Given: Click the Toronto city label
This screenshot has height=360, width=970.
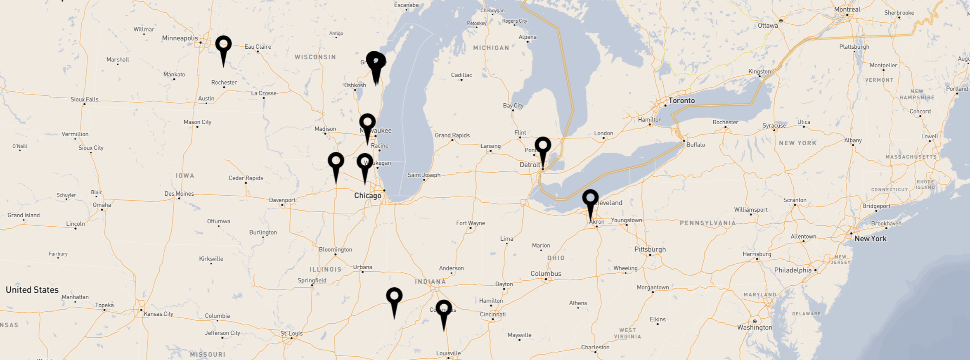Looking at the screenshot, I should (681, 100).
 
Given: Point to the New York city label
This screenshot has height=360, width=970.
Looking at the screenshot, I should (870, 239).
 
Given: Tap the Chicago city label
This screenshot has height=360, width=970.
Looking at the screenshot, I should (367, 196).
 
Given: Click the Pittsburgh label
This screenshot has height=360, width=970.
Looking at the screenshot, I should (650, 249).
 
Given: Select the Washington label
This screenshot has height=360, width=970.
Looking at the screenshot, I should (754, 327).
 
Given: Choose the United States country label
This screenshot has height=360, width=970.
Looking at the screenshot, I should (32, 290).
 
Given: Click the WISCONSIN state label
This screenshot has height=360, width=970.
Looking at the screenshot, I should (315, 57).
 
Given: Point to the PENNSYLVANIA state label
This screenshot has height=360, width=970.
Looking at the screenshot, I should (707, 223).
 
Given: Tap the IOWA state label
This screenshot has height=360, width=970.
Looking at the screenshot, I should (185, 175).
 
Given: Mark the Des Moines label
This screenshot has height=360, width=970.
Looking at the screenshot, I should (179, 194).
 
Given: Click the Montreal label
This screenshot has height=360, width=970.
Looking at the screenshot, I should (847, 9).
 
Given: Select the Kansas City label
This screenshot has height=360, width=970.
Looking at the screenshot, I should (159, 314).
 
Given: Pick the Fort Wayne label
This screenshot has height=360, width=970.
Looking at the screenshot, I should (470, 223).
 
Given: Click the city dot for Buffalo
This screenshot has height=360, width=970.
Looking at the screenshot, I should (684, 141).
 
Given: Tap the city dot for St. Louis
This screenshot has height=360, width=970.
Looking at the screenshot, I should (291, 338).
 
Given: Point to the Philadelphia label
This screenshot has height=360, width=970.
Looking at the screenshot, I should (793, 270).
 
